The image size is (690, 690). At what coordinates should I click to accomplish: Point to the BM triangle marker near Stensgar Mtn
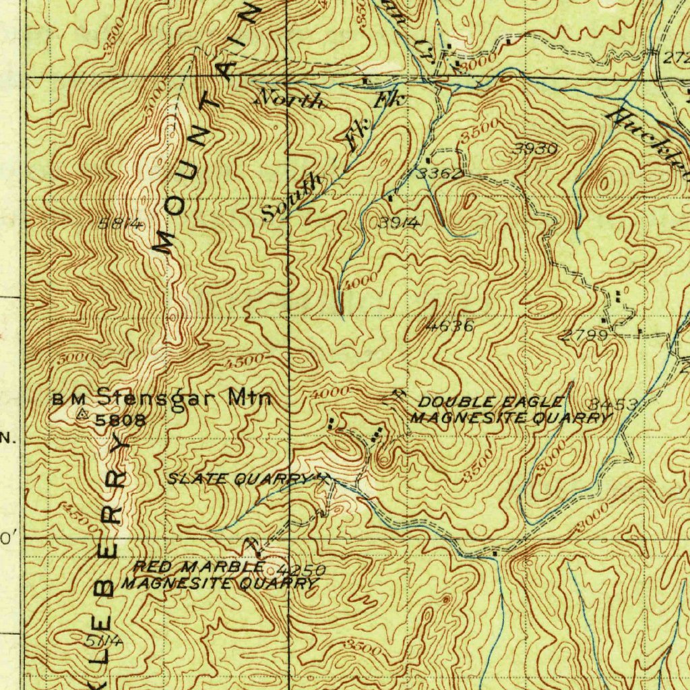(x=82, y=414)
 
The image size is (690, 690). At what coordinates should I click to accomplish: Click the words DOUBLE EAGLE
(x=490, y=402)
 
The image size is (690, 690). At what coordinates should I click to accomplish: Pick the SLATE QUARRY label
(x=240, y=478)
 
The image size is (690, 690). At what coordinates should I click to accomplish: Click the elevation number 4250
(x=301, y=570)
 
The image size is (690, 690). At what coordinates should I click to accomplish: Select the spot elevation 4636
(x=451, y=327)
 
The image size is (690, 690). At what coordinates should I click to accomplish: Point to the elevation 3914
(x=399, y=224)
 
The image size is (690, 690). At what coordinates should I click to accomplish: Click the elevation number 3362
(x=439, y=174)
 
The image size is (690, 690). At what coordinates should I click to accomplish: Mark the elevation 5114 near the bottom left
(x=104, y=641)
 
